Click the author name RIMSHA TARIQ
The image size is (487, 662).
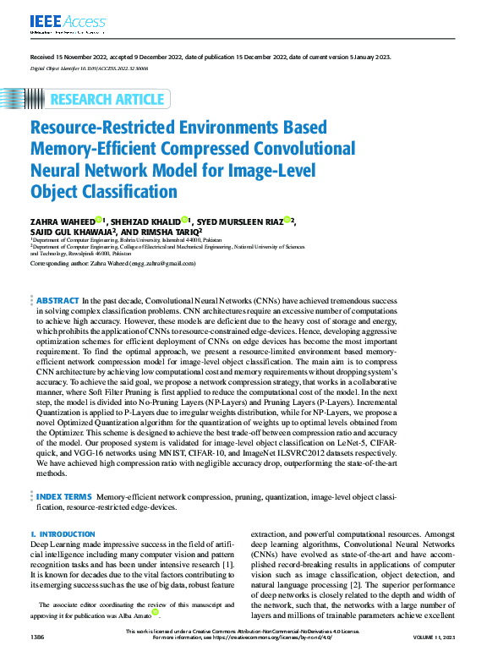(x=167, y=231)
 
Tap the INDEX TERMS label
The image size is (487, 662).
(x=64, y=497)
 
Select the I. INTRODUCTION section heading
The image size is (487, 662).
(x=63, y=534)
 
